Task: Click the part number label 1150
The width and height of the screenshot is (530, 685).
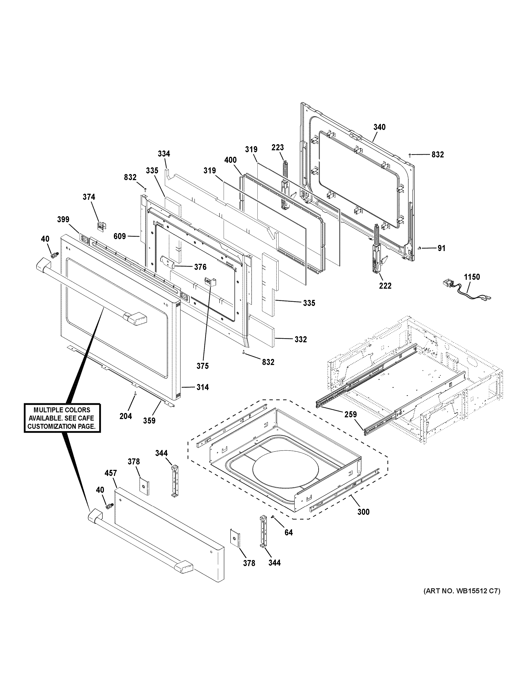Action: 472,277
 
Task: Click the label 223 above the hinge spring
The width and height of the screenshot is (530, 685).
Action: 278,147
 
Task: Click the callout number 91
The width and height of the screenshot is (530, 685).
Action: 441,248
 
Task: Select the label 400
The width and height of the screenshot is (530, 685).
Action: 230,160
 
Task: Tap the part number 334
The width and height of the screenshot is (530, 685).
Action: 164,154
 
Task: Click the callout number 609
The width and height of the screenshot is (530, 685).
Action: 120,236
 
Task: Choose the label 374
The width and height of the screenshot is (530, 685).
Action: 89,197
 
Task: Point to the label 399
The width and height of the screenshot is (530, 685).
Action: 63,219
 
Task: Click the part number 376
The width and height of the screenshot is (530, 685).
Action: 200,267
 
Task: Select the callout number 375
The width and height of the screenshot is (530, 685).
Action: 202,366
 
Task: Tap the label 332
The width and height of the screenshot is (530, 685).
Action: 301,339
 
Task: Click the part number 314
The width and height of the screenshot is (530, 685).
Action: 202,387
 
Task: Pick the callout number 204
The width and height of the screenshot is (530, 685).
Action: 126,416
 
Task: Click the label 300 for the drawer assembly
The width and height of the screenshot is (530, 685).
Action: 363,512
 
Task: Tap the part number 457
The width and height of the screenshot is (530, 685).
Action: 111,473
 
